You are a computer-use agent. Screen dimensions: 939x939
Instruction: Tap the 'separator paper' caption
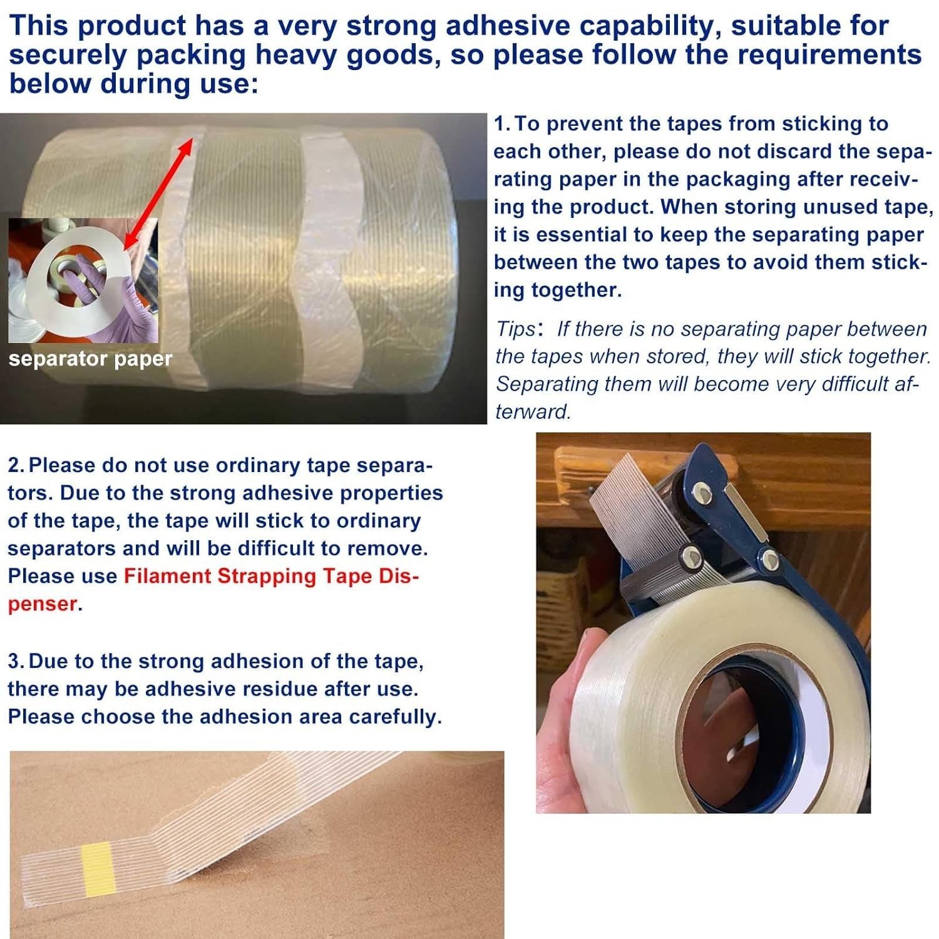(x=90, y=359)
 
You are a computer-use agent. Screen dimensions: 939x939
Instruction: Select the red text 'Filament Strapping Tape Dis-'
(x=271, y=576)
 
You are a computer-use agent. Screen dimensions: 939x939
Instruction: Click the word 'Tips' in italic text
(x=516, y=329)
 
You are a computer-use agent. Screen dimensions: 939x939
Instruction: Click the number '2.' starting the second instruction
(x=16, y=466)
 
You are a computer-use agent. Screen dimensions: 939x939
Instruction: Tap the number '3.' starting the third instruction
(x=17, y=662)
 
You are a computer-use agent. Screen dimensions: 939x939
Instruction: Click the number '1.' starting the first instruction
(x=502, y=124)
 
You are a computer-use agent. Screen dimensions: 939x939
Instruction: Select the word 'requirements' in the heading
(x=829, y=55)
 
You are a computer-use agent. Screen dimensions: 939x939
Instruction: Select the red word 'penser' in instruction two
(x=42, y=604)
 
